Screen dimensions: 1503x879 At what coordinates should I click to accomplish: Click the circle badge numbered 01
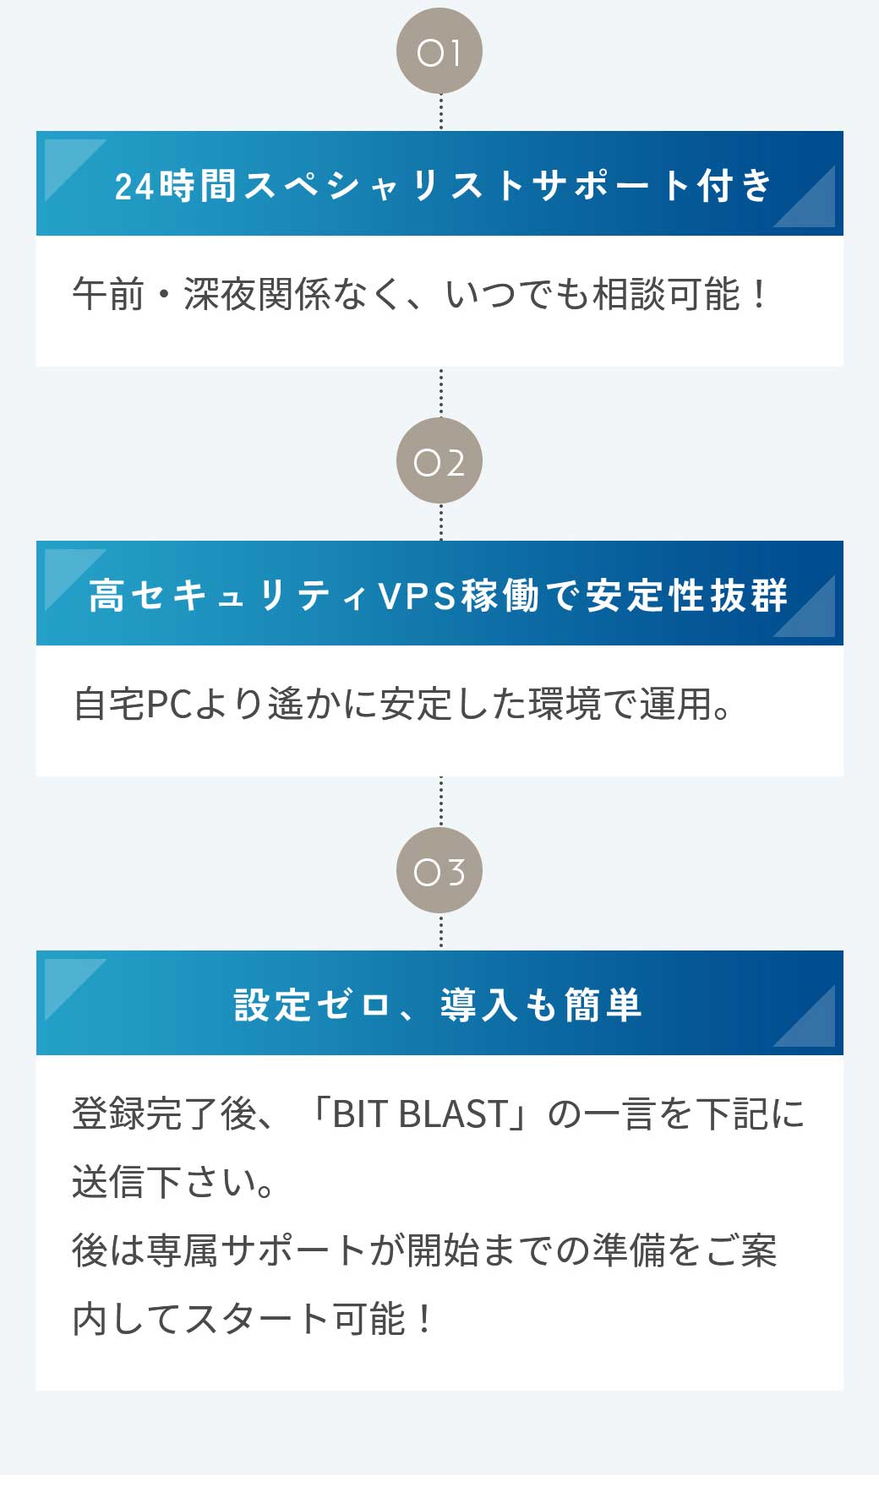pyautogui.click(x=439, y=52)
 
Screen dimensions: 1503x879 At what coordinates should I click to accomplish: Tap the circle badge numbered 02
pyautogui.click(x=439, y=461)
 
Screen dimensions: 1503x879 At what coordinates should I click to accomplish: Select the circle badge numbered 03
pyautogui.click(x=439, y=871)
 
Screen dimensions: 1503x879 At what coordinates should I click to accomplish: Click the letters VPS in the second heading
pyautogui.click(x=418, y=596)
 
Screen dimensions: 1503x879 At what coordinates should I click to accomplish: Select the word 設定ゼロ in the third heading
pyautogui.click(x=312, y=1005)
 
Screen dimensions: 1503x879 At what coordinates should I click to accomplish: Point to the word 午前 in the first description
pyautogui.click(x=108, y=294)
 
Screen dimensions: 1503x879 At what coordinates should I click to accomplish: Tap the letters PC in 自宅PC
pyautogui.click(x=171, y=705)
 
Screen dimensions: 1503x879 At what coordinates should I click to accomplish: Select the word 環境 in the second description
pyautogui.click(x=565, y=705)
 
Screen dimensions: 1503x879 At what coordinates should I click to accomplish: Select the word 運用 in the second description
pyautogui.click(x=676, y=705)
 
